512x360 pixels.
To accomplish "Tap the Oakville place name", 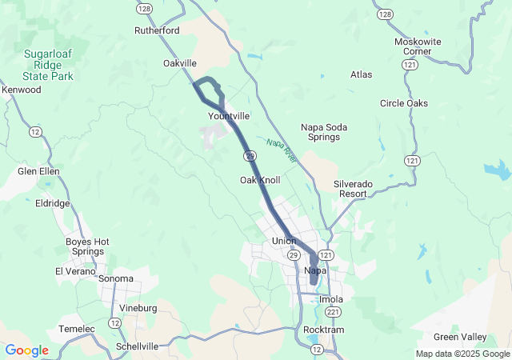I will click(180, 62).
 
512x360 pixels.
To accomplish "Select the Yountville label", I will click(229, 116).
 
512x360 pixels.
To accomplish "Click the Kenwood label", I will click(22, 90).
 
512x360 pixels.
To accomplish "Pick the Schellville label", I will click(137, 346).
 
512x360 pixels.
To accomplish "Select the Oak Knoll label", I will click(260, 180).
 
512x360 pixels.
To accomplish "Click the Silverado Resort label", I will click(352, 188).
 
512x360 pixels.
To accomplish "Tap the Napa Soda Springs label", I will click(321, 131).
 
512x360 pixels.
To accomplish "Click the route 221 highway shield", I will click(330, 311).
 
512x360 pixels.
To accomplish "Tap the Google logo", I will click(26, 350).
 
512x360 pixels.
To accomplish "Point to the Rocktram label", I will click(324, 330).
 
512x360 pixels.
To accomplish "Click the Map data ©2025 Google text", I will click(462, 354).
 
